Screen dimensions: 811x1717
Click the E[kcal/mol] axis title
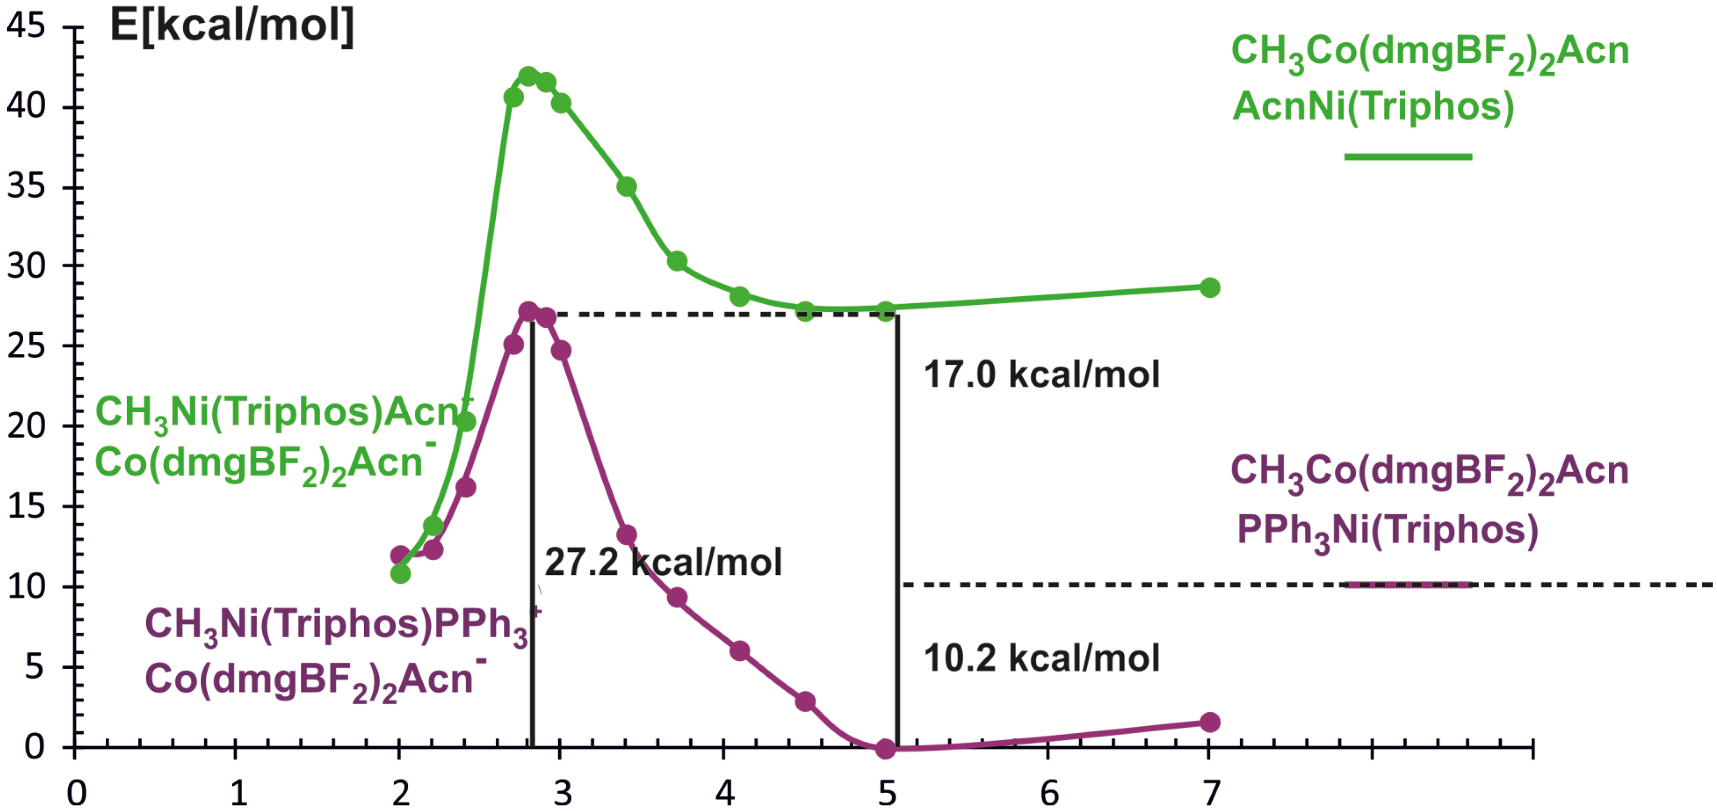point(231,27)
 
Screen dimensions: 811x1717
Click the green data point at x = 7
point(1210,288)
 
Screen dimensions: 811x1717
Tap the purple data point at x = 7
point(1210,722)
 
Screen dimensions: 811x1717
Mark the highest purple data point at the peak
point(528,312)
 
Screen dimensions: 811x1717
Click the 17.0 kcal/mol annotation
point(1041,374)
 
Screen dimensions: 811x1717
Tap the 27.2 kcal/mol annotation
point(663,562)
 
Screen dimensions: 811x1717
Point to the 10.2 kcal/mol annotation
point(1041,658)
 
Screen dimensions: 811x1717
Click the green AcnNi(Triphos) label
point(1373,107)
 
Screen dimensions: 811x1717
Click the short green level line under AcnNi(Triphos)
point(1408,157)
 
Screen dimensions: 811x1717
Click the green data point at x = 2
point(400,573)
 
